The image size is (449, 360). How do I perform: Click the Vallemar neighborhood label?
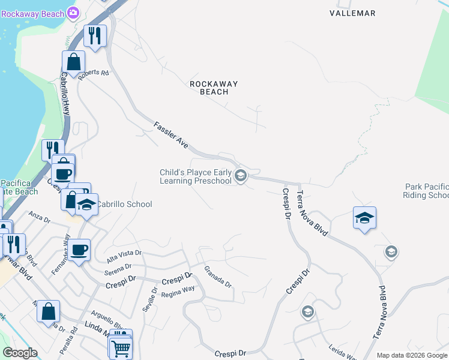(x=352, y=13)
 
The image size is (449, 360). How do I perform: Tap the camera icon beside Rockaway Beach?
(x=73, y=12)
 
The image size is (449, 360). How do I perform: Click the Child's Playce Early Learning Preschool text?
(x=195, y=176)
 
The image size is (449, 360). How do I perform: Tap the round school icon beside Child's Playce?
(x=241, y=175)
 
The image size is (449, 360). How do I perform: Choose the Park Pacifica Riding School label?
(x=427, y=191)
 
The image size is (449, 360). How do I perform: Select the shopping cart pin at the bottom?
(x=121, y=347)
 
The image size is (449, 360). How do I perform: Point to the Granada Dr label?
(x=217, y=277)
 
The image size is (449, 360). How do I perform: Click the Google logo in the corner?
(x=20, y=353)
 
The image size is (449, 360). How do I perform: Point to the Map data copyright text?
(x=412, y=355)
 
